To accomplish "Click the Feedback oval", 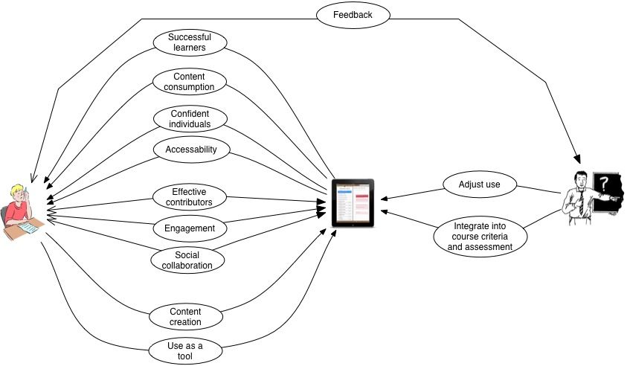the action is (353, 15).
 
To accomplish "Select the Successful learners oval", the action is (190, 42).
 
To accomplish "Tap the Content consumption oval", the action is (190, 82).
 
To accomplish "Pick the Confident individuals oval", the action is (190, 119).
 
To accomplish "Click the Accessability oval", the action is (192, 150).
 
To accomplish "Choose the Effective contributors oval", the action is (190, 197).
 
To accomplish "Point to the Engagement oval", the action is (190, 228).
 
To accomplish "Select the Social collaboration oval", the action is (187, 260).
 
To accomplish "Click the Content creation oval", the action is (186, 317).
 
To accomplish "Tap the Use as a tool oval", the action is (185, 351).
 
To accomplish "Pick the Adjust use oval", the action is (480, 184).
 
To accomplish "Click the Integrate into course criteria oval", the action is (480, 237).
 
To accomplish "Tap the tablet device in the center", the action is (353, 203).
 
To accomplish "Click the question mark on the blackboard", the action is (604, 184).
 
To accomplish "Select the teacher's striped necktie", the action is (581, 202).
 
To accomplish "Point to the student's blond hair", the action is (17, 190).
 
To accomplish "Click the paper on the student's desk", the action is (29, 228).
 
